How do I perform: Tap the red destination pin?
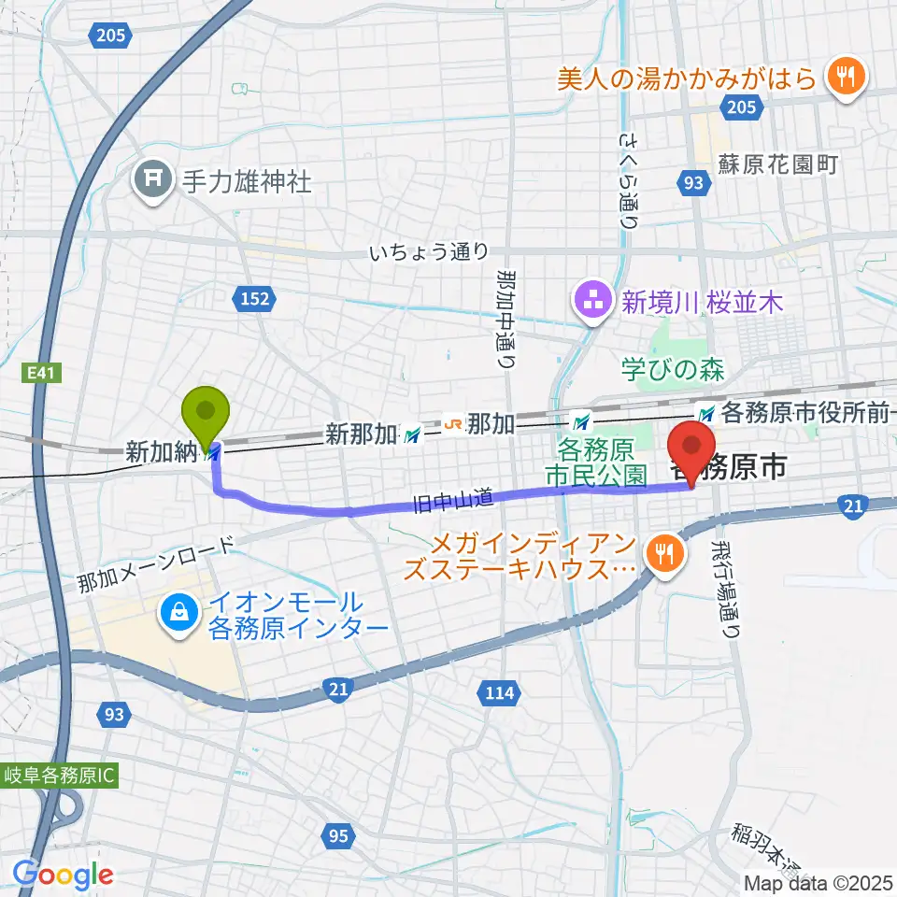[692, 448]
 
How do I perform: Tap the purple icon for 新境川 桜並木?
[593, 303]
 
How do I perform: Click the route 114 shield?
[500, 692]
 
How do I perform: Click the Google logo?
[63, 874]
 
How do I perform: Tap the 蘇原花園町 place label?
[777, 164]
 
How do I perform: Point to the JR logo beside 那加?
[452, 424]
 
